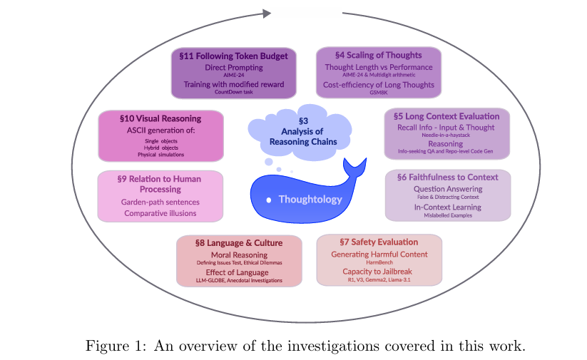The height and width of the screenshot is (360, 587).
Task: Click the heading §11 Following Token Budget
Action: coord(233,56)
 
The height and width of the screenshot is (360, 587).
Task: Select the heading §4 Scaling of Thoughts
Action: coord(378,55)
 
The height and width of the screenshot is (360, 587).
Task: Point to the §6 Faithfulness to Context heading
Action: coord(448,178)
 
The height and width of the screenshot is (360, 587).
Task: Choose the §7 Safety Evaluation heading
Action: coord(379,242)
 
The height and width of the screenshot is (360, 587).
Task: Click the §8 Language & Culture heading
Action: coord(238,243)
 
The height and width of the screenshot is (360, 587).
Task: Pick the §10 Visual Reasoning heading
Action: coord(160,118)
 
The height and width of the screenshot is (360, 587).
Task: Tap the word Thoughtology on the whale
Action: coord(310,200)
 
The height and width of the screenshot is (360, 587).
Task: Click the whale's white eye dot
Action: coord(268,200)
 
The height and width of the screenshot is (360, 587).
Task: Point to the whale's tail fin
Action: coord(354,169)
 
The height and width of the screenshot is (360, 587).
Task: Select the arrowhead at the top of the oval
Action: coord(266,13)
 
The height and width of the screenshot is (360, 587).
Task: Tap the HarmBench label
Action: coord(379,263)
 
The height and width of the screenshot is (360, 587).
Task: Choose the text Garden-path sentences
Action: coord(160,202)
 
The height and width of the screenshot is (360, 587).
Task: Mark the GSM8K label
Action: coord(378,93)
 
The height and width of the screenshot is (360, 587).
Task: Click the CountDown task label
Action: coord(233,92)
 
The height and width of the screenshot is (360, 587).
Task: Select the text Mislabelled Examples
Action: coord(447,215)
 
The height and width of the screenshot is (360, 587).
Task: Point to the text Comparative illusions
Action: coord(160,213)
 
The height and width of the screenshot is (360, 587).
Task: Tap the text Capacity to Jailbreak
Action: coord(379,272)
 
